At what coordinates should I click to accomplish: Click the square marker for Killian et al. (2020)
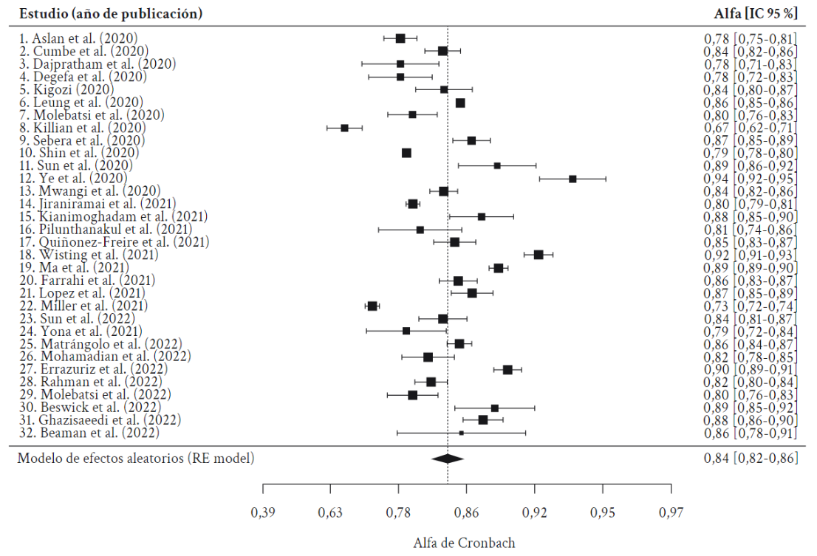click(344, 128)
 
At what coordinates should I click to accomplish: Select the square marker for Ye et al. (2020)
click(572, 179)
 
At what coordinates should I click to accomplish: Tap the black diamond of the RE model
click(448, 459)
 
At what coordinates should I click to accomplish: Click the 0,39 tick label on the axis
click(264, 513)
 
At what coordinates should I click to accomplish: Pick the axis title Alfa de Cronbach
click(464, 543)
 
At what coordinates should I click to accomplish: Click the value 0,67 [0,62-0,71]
click(750, 128)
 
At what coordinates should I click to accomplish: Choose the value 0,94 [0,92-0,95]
click(750, 179)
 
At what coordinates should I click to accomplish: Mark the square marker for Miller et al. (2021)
click(372, 306)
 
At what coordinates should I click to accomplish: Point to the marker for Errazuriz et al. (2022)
click(507, 369)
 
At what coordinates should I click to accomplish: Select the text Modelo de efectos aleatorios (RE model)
click(136, 459)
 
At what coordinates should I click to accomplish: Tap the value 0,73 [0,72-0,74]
click(750, 306)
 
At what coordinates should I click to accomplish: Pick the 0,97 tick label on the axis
click(671, 513)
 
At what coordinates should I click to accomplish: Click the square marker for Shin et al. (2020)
click(406, 153)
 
